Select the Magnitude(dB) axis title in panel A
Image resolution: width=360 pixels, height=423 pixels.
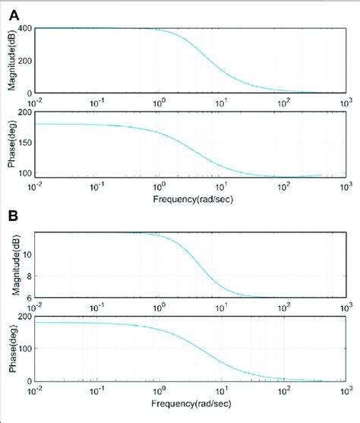[10, 60]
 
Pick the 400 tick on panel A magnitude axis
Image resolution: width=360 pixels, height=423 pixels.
[24, 29]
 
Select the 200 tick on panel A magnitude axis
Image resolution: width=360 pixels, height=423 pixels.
[24, 62]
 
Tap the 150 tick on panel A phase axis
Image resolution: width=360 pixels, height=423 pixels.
[24, 144]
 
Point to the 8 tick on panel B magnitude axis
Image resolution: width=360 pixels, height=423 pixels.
[28, 276]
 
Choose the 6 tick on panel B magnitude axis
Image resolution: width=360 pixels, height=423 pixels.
[28, 297]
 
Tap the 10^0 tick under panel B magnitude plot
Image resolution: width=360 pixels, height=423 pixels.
[159, 307]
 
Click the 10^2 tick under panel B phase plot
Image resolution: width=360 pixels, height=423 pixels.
[283, 390]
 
